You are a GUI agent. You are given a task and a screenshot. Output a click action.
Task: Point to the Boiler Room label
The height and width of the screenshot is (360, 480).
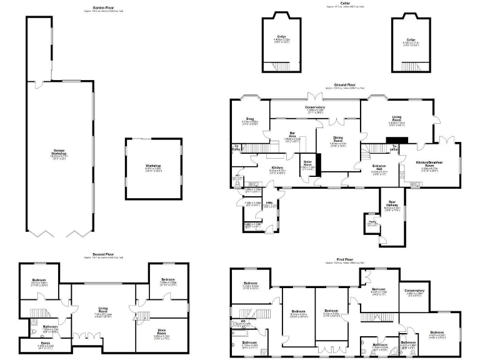coord(308,165)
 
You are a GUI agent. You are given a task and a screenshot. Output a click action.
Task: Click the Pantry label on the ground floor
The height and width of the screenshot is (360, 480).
coord(371,221)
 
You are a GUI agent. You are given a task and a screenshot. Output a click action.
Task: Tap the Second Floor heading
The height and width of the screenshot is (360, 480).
coord(101,254)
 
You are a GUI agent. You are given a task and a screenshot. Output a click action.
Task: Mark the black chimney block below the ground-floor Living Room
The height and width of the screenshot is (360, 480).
coord(395,140)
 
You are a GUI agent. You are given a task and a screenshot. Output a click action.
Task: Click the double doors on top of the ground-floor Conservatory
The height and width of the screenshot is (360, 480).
coord(316,97)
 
